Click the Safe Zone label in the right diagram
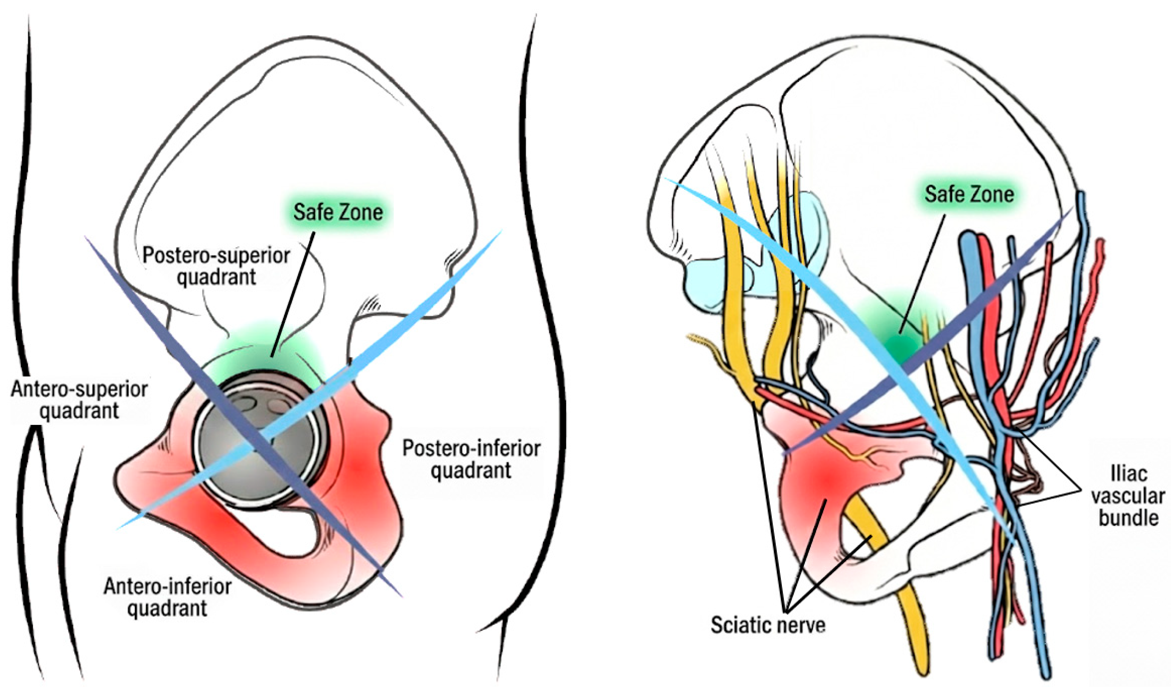coord(969,194)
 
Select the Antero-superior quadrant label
coord(79,400)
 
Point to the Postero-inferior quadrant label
coord(472,459)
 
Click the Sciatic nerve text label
coord(768,625)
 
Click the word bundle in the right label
coord(1128,518)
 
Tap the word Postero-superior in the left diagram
coord(216,256)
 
